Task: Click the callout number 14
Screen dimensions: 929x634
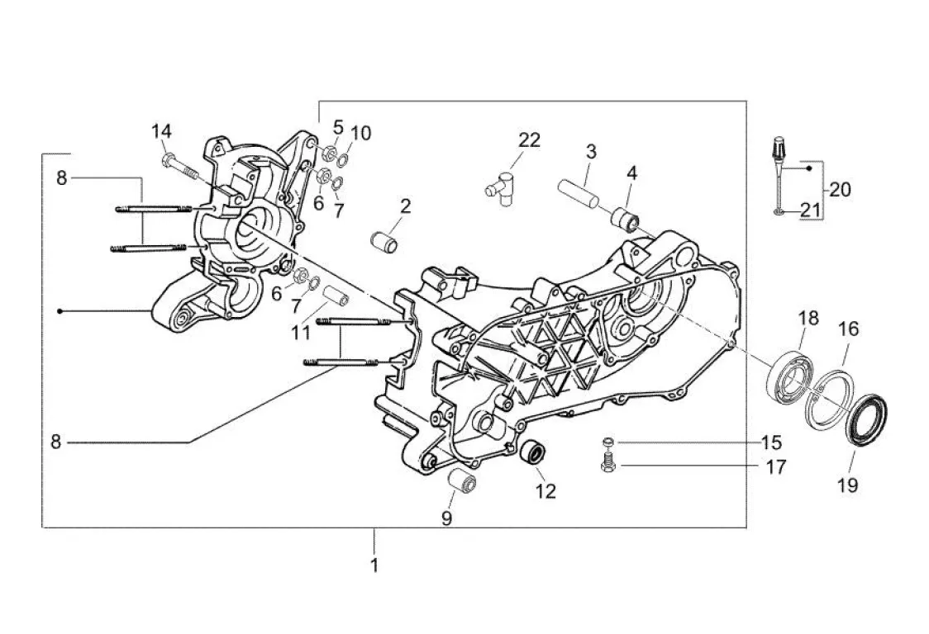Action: click(161, 130)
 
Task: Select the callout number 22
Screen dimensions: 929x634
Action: click(529, 140)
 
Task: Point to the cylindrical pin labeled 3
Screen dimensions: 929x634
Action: click(579, 193)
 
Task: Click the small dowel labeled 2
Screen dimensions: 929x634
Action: click(384, 242)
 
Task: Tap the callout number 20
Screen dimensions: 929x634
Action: click(840, 189)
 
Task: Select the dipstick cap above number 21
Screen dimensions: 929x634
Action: click(778, 149)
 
